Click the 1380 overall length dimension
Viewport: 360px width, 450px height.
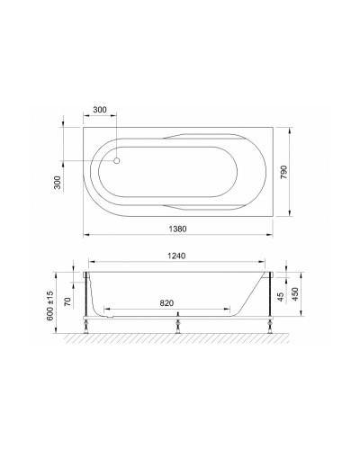click(x=179, y=227)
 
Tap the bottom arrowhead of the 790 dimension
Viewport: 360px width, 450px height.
click(x=291, y=214)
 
